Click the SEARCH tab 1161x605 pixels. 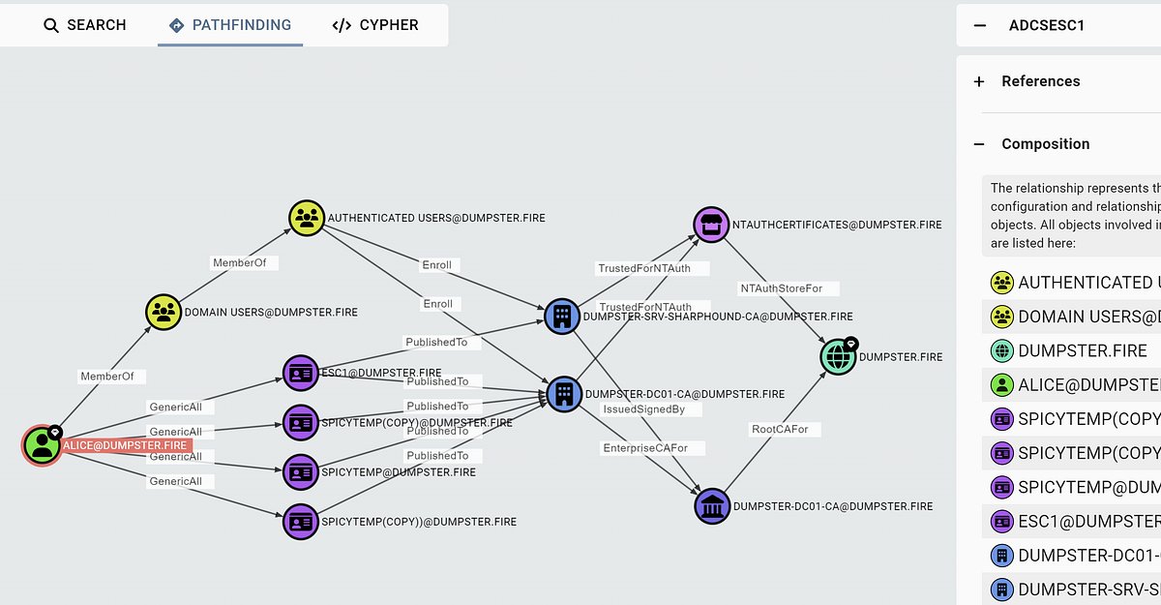(85, 25)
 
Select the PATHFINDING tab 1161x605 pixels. (230, 25)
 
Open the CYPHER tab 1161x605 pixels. (375, 25)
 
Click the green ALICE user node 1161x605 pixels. (42, 445)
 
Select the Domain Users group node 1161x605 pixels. (164, 312)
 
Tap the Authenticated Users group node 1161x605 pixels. (308, 218)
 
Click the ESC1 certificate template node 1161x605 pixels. (301, 373)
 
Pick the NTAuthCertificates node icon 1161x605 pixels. (711, 225)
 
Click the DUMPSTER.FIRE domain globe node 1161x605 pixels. (838, 356)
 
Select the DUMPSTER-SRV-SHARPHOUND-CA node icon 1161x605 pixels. (561, 316)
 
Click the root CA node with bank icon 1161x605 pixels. (712, 505)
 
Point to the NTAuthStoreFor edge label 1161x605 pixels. (788, 288)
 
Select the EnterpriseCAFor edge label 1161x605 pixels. (653, 448)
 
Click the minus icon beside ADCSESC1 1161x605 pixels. (980, 25)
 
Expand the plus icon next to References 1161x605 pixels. (979, 81)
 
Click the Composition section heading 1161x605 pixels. (1045, 144)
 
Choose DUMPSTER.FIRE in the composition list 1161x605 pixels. (1082, 350)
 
